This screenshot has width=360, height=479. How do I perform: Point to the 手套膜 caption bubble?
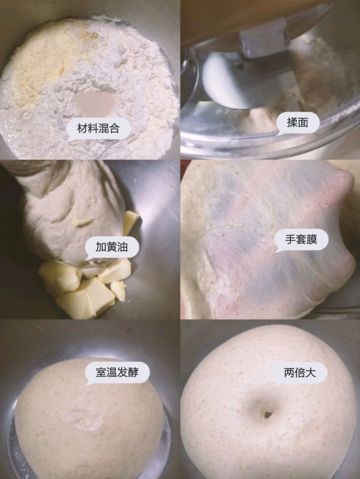click(x=301, y=241)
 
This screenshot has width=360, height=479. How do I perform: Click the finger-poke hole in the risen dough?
click(x=265, y=414)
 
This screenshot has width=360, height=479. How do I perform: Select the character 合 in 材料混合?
click(x=118, y=128)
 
